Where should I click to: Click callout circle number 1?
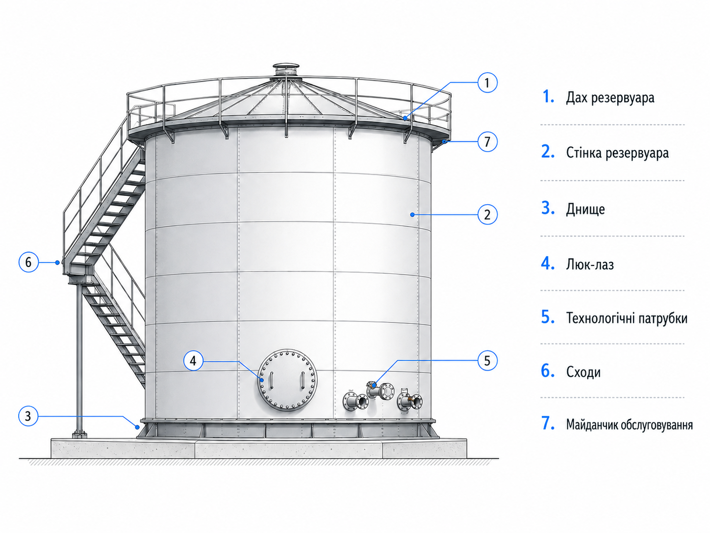click(487, 82)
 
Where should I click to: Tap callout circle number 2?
click(487, 214)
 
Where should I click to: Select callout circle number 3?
click(28, 416)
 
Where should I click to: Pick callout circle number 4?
click(193, 361)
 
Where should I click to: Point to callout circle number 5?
click(487, 361)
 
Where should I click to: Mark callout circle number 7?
click(487, 141)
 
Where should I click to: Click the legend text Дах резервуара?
click(610, 97)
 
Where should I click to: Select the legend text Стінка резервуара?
click(617, 153)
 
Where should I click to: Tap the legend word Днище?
click(585, 209)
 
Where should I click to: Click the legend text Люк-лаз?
click(590, 265)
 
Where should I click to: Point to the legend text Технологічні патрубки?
click(627, 318)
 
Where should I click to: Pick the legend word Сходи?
click(583, 372)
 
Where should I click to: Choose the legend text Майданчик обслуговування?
click(629, 425)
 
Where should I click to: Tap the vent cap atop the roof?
click(285, 70)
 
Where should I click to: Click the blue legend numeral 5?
click(547, 317)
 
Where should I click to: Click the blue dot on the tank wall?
click(412, 214)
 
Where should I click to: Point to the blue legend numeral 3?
click(548, 208)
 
